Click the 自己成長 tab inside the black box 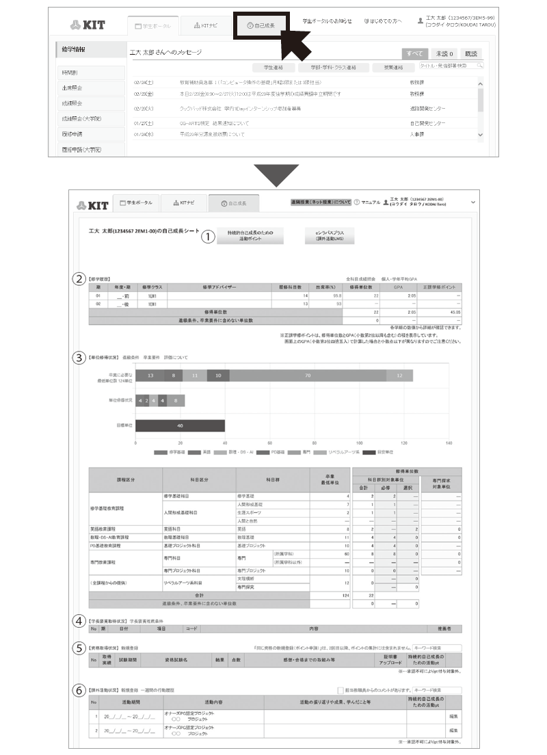[x=262, y=25]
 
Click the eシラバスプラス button [x=334, y=236]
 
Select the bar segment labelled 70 [x=308, y=375]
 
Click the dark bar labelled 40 [x=180, y=425]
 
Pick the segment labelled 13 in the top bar [x=150, y=375]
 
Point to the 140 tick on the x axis [x=448, y=442]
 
